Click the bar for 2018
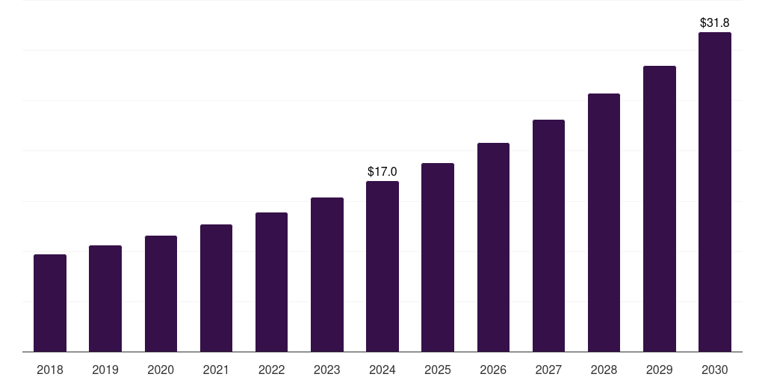(x=50, y=303)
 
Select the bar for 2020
(x=161, y=293)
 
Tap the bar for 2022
(x=271, y=282)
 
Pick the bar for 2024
(x=382, y=266)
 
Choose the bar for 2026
(x=493, y=247)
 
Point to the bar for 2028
(x=604, y=222)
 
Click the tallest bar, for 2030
(x=714, y=191)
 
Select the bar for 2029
(x=659, y=209)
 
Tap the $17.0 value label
(x=382, y=172)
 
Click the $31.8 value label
(x=714, y=23)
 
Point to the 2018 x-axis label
(x=50, y=370)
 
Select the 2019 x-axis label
(x=105, y=370)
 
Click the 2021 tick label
(x=216, y=370)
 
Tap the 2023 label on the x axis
(x=326, y=370)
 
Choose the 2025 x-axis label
(x=438, y=370)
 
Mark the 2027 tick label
(x=548, y=370)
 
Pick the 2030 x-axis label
(x=714, y=370)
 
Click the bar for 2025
(x=438, y=257)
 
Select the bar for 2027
(x=548, y=236)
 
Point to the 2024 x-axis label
(x=382, y=370)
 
